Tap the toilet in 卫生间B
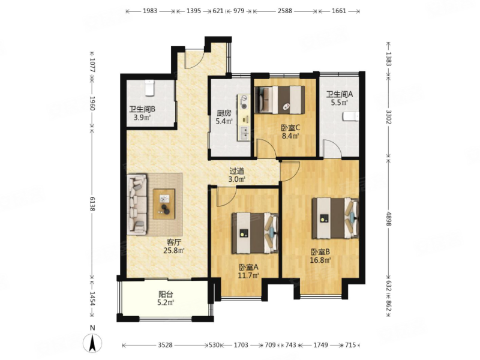pos(149,88)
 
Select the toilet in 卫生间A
pos(351,116)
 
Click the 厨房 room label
pos(224,113)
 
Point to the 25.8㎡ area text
pos(174,251)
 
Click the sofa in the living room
pos(137,205)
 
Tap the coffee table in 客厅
pos(164,204)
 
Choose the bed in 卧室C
pos(280,100)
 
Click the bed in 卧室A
pos(254,233)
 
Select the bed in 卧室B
pos(335,218)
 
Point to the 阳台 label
pos(166,295)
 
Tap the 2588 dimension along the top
pos(284,11)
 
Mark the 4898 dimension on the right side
pos(388,218)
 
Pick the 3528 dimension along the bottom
pos(166,345)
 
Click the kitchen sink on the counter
pos(244,133)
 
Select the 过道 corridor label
pos(236,171)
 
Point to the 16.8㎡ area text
pos(320,260)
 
